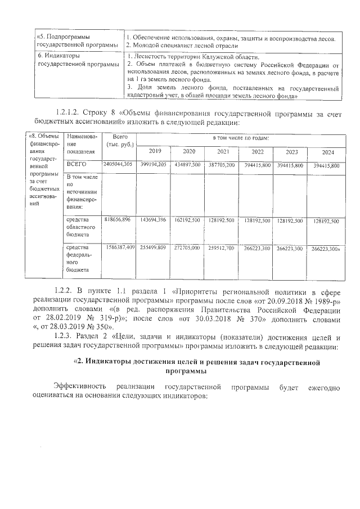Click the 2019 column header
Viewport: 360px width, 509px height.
[154, 152]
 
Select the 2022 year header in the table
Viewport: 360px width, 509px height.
[257, 152]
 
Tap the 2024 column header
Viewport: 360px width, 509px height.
[327, 152]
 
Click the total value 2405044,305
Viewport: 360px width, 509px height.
[118, 164]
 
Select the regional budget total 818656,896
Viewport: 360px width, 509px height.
[118, 220]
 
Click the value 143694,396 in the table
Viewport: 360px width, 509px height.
[153, 220]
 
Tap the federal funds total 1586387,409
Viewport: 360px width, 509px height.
[118, 247]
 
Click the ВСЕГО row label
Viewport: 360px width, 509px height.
[76, 164]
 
